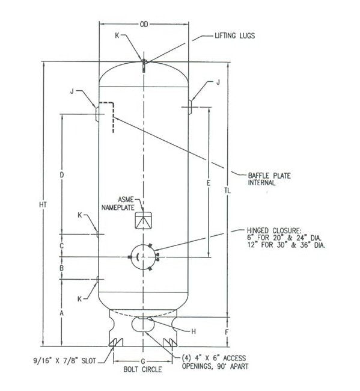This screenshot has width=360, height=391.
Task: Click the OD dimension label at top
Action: tap(144, 25)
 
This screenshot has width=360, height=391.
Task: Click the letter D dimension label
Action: tap(62, 175)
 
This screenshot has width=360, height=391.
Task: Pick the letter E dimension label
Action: tap(208, 182)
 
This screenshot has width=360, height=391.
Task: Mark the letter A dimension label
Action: tap(62, 313)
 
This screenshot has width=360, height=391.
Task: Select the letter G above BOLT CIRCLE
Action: tap(143, 360)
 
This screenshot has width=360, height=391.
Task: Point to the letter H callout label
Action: tap(193, 332)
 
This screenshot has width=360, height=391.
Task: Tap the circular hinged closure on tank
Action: tap(144, 257)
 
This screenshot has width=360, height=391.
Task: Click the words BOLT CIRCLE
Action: tap(144, 369)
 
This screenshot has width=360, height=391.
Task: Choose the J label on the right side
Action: tap(218, 82)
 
